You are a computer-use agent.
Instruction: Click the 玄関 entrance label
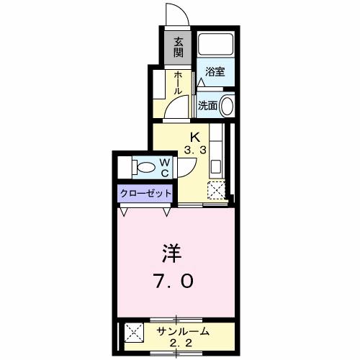(x=178, y=49)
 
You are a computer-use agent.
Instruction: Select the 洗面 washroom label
(x=208, y=105)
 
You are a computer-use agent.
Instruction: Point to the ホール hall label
(x=177, y=84)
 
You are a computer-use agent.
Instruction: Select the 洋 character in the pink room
(x=171, y=254)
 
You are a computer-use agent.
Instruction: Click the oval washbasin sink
(x=227, y=106)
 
